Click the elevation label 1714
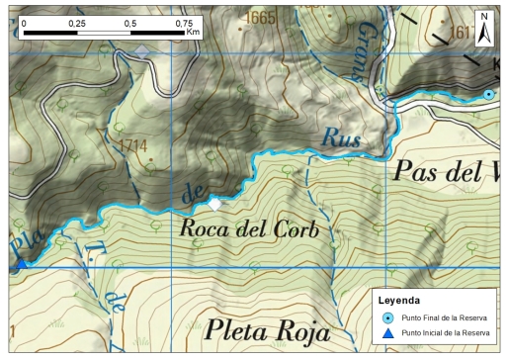[x=133, y=145]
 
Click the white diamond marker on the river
[x=214, y=205]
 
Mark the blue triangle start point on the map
[x=21, y=263]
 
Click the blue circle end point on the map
[x=488, y=94]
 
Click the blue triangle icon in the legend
[x=387, y=333]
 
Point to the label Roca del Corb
[x=250, y=229]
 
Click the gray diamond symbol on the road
[x=142, y=50]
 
